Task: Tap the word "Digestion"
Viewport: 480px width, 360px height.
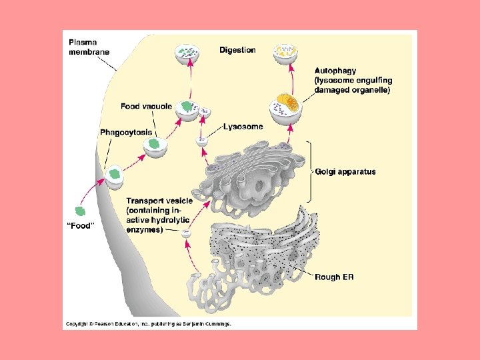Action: pyautogui.click(x=237, y=50)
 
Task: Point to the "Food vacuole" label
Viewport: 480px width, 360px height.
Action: pyautogui.click(x=146, y=106)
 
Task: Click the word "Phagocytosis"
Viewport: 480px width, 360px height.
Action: pyautogui.click(x=126, y=133)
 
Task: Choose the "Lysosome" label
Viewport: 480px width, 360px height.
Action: pyautogui.click(x=243, y=126)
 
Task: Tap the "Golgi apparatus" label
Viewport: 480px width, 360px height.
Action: pyautogui.click(x=345, y=171)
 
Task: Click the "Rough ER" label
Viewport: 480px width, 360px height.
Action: pyautogui.click(x=335, y=277)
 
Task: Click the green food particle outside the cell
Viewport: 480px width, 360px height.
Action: pyautogui.click(x=81, y=211)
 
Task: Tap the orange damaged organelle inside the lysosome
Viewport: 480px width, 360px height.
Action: pyautogui.click(x=289, y=103)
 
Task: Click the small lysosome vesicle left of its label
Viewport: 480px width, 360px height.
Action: pyautogui.click(x=201, y=141)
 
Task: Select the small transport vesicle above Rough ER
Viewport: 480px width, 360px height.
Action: pyautogui.click(x=187, y=233)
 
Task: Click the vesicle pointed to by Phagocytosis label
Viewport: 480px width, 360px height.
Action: pyautogui.click(x=155, y=146)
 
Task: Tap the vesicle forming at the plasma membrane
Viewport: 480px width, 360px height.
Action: pyautogui.click(x=115, y=175)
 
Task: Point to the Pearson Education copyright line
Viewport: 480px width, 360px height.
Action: pyautogui.click(x=148, y=324)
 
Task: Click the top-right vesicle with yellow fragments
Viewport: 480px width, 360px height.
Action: pyautogui.click(x=287, y=53)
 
